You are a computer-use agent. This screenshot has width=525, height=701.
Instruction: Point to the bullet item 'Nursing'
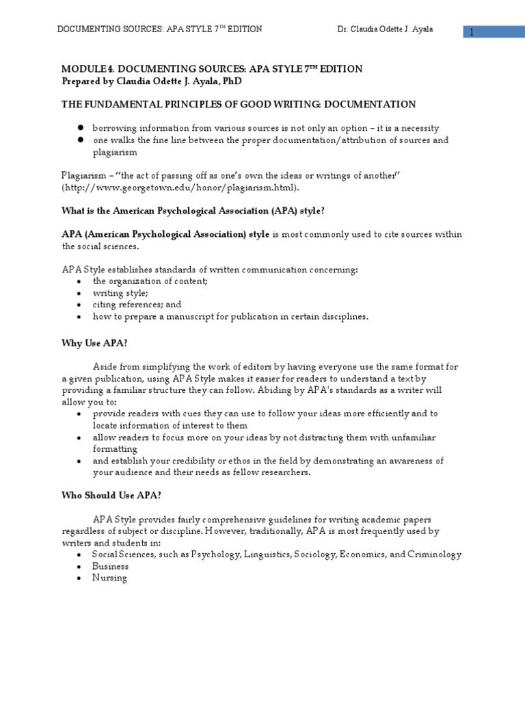tap(110, 578)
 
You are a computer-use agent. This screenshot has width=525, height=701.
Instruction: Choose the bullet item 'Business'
tap(111, 566)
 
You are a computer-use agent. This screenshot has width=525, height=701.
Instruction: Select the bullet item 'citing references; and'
tap(137, 305)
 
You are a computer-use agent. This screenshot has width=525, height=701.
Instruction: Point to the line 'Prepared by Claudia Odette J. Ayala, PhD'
tap(152, 81)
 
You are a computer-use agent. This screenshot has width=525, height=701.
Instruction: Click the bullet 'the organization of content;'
tap(150, 281)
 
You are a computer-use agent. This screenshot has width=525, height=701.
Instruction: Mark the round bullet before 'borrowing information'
tap(79, 128)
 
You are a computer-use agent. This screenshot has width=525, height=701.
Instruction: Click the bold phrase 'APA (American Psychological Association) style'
tap(165, 234)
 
